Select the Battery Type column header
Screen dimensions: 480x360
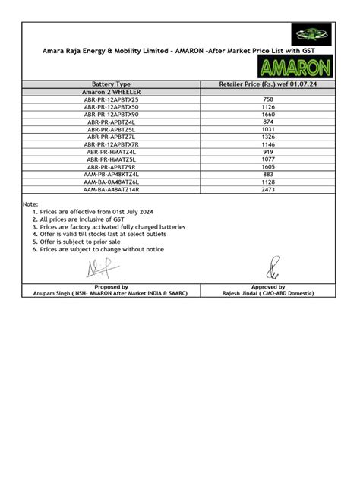(111, 84)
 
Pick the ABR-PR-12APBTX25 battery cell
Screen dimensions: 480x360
(112, 99)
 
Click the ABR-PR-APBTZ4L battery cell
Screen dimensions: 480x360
(112, 122)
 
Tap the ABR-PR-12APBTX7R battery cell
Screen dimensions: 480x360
(112, 144)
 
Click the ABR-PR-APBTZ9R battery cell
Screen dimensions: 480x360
(112, 166)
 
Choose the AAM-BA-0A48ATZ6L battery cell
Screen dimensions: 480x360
(112, 181)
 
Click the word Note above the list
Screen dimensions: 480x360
(30, 205)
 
